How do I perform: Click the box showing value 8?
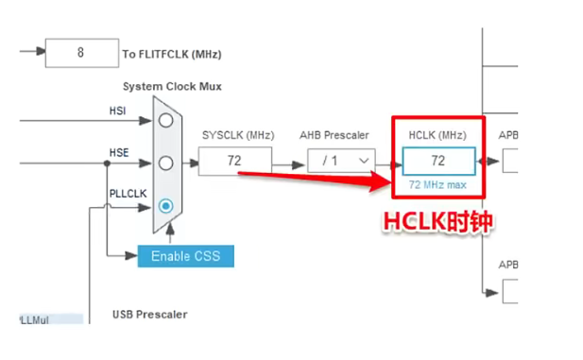(81, 53)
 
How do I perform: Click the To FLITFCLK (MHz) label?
(172, 54)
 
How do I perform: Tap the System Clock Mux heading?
(172, 86)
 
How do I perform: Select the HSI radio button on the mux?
(166, 120)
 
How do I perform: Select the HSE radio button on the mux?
(166, 163)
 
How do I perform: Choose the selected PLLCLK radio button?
(166, 205)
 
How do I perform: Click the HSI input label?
(116, 111)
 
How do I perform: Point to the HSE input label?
(116, 153)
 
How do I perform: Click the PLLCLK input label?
(126, 195)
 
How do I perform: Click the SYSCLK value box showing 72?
(234, 161)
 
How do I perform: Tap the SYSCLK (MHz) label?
(235, 135)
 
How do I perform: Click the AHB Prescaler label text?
(338, 135)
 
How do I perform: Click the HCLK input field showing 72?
(437, 161)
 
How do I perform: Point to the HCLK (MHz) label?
(437, 135)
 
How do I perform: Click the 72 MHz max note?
(437, 184)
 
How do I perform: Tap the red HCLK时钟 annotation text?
(437, 221)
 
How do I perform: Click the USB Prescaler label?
(150, 314)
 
